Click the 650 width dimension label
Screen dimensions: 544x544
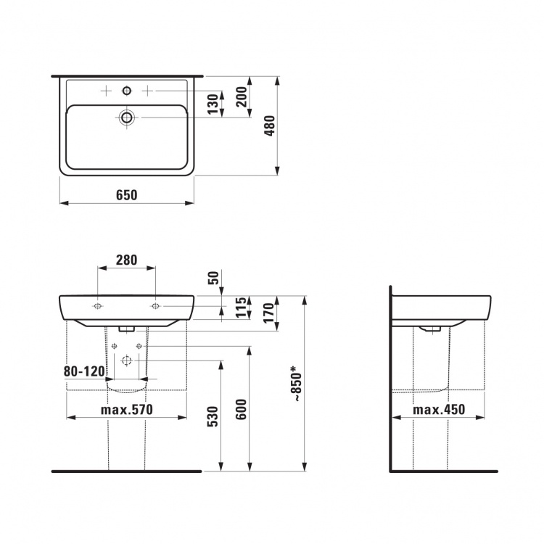(x=127, y=195)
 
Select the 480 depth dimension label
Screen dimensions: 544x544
(x=271, y=126)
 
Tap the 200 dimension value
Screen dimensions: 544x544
(x=242, y=96)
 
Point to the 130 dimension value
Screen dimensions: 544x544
(x=213, y=104)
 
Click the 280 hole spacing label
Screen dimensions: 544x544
(x=127, y=260)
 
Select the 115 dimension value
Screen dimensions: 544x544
(x=242, y=308)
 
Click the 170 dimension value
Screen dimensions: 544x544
(x=269, y=313)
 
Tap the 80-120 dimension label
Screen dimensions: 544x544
(x=84, y=371)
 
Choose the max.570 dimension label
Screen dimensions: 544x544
(x=127, y=410)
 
